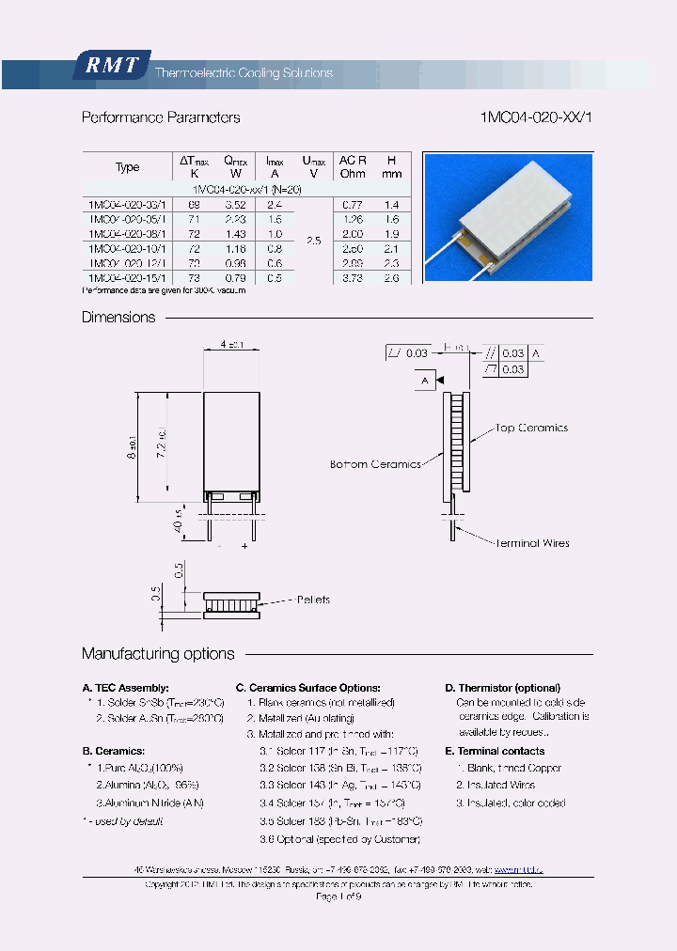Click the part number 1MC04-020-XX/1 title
536,117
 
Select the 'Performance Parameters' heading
161,117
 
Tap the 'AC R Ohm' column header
353,166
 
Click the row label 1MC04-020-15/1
126,278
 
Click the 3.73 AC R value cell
353,278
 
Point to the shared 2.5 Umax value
313,241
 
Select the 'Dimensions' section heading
118,318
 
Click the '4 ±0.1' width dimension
231,345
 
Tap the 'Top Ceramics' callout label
532,428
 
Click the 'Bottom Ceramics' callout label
375,464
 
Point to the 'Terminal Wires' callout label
531,542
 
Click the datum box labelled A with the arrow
425,381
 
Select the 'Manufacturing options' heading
158,654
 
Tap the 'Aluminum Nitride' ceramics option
150,803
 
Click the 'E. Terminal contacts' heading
495,751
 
